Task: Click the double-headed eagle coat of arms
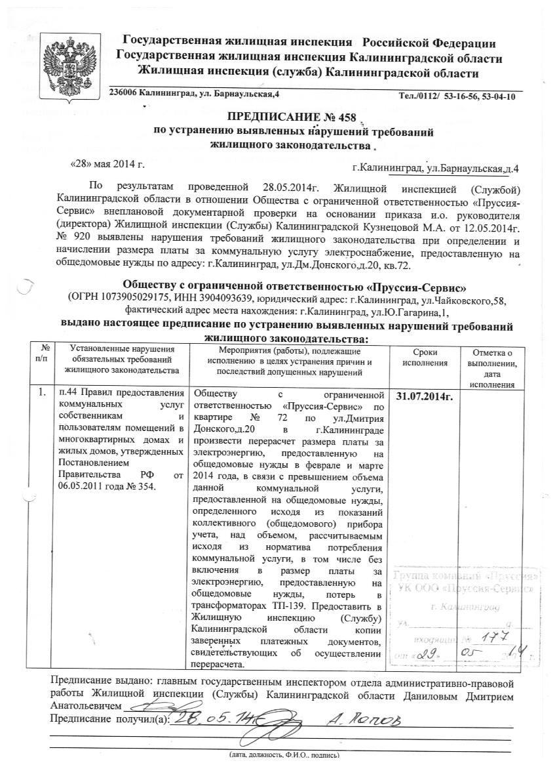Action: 70,64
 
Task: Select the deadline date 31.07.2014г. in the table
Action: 425,396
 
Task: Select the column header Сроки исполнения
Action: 425,358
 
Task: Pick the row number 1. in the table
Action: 43,394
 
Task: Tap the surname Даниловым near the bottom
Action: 444,694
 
